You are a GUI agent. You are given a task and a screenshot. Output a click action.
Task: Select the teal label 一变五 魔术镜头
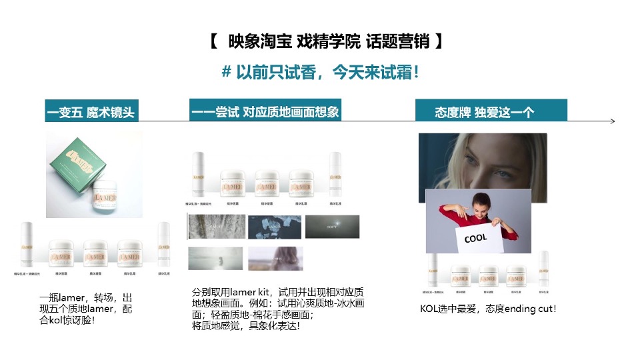91,113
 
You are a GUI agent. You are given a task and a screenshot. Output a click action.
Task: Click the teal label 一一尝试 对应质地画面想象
265,111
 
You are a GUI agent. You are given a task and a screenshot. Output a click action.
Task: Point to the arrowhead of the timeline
612,121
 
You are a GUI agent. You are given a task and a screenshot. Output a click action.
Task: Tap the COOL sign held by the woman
475,238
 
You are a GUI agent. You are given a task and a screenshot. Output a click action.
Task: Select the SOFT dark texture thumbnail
332,227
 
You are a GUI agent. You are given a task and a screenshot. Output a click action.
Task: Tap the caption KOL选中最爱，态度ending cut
488,309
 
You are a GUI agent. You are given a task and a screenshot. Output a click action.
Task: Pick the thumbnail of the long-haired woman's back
275,258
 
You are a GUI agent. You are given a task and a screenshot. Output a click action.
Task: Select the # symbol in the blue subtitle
226,72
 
